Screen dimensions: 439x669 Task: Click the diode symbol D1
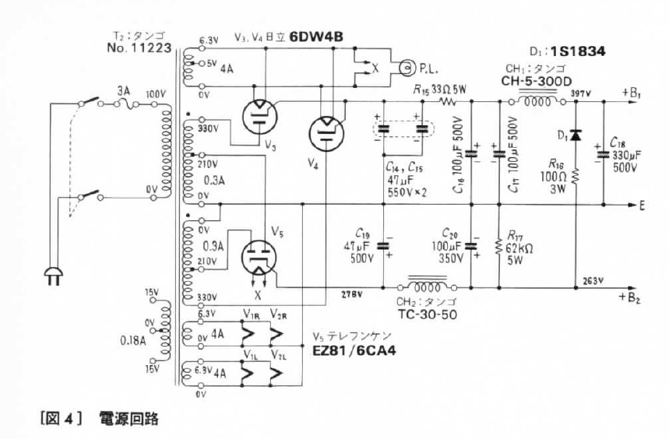click(575, 135)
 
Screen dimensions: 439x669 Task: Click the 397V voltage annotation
click(579, 93)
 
